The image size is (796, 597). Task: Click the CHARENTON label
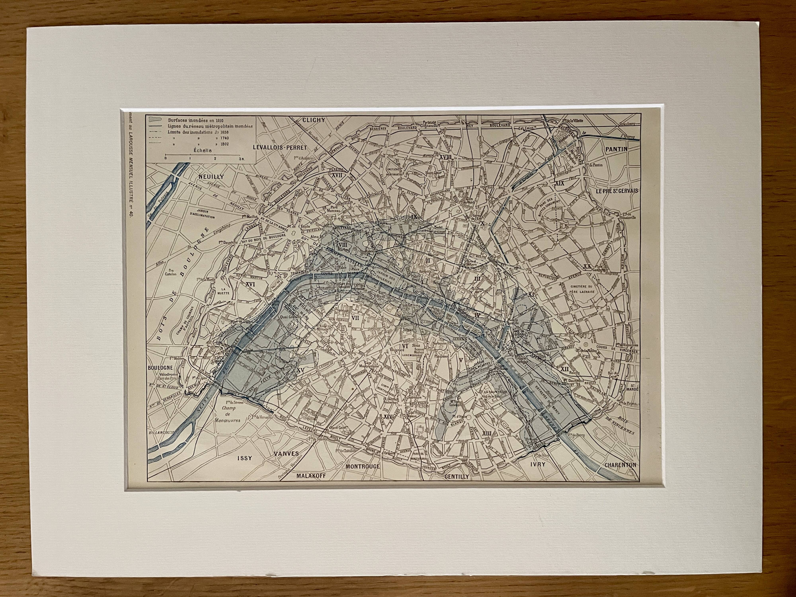pyautogui.click(x=620, y=465)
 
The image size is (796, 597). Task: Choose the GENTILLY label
pyautogui.click(x=457, y=476)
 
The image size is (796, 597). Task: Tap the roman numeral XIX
pyautogui.click(x=560, y=183)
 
